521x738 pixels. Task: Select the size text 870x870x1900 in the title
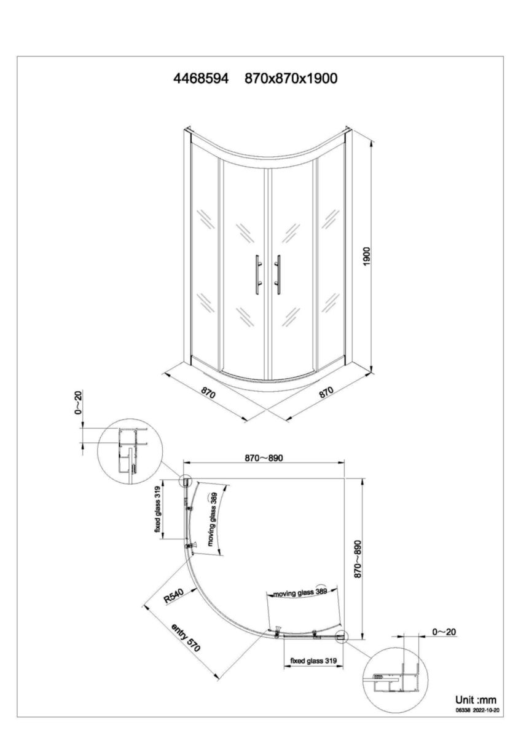coord(291,79)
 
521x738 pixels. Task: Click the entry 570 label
coord(186,638)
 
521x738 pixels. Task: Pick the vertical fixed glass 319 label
coord(157,510)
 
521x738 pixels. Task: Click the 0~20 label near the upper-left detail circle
coord(79,403)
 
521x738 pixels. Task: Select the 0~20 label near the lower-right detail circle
coord(444,632)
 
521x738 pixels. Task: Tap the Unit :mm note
coord(475,700)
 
